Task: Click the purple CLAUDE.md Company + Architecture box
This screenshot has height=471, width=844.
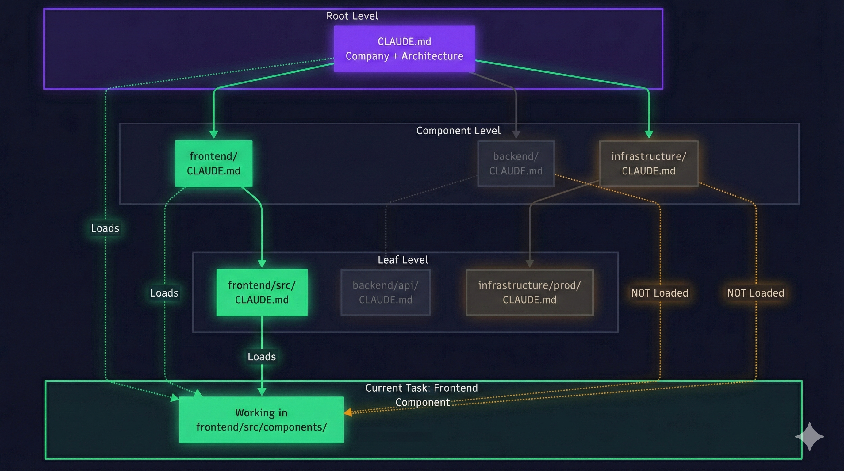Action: tap(404, 48)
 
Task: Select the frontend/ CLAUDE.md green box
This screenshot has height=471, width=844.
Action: tap(214, 163)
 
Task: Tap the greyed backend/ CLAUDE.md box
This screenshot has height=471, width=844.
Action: tap(516, 163)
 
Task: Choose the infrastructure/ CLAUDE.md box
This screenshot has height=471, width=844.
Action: tap(648, 163)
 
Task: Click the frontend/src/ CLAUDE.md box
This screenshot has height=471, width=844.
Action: tap(262, 292)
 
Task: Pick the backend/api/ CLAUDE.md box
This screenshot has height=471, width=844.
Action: tap(385, 292)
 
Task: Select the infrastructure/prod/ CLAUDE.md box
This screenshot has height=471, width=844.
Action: tap(529, 292)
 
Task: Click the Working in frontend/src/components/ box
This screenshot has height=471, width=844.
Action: tap(261, 419)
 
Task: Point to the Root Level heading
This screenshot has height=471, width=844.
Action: tap(352, 16)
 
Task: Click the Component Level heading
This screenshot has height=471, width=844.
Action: tap(458, 130)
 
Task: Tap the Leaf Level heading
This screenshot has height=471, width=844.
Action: tap(403, 260)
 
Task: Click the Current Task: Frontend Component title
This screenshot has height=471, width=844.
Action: tap(422, 395)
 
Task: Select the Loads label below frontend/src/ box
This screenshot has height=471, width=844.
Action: tap(262, 356)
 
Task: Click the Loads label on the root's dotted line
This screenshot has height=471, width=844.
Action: tap(105, 228)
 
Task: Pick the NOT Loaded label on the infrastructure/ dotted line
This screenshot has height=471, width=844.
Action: tap(756, 293)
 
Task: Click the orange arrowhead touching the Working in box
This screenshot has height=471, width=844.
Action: tap(348, 412)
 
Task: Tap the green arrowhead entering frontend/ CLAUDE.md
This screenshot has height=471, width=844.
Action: tap(214, 134)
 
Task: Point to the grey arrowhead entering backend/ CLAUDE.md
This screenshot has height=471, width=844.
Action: tap(516, 134)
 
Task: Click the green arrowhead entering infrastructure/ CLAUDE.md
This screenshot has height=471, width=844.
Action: tap(649, 134)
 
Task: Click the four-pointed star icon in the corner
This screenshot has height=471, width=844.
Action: tap(809, 436)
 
